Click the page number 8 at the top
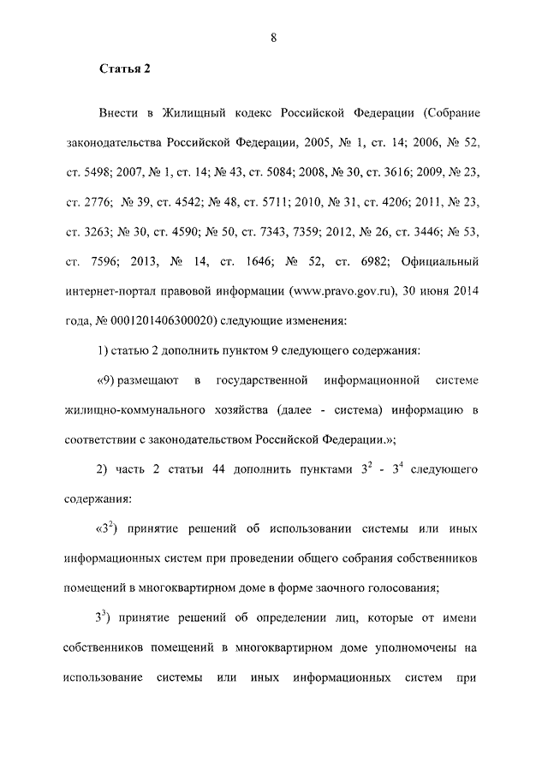pos(273,36)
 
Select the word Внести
pos(119,114)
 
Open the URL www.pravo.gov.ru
pos(342,290)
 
